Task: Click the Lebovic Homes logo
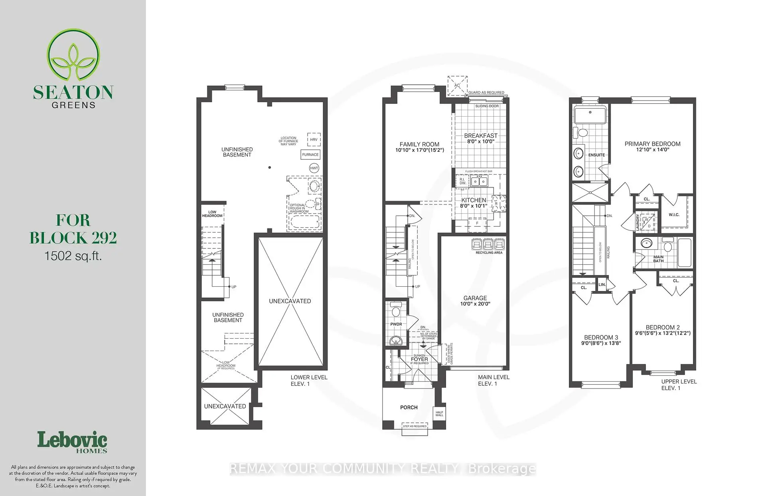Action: [x=72, y=442]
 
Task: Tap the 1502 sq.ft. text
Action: [x=73, y=256]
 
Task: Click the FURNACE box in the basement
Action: [x=310, y=155]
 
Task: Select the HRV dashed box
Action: [x=314, y=140]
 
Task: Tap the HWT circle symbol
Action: [x=314, y=168]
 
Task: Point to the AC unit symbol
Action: [x=457, y=85]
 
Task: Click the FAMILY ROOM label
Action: [x=419, y=144]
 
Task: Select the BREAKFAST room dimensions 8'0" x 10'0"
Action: [x=480, y=141]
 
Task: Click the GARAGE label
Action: [x=475, y=298]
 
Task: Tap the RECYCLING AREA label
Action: [x=489, y=253]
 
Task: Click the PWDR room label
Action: [x=396, y=324]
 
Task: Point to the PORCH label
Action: [x=409, y=407]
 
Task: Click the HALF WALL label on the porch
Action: [x=439, y=414]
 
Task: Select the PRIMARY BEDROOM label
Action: [x=652, y=144]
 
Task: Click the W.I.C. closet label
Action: [x=674, y=215]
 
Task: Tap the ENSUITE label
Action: [x=596, y=155]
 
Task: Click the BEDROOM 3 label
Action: [x=601, y=337]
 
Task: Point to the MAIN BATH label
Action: [x=658, y=259]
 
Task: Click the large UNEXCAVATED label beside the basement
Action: [x=290, y=301]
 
